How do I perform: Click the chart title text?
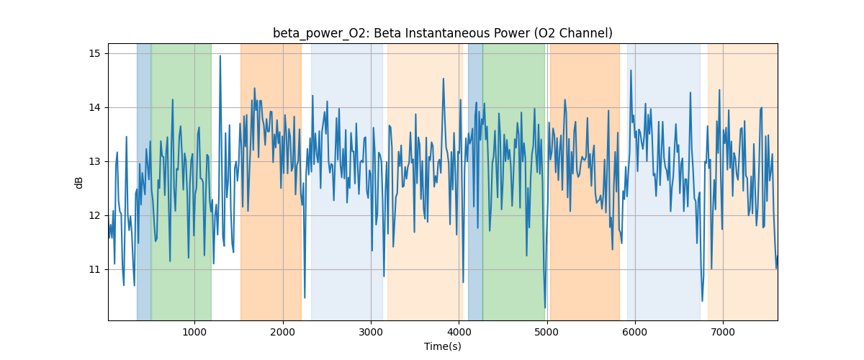coord(442,33)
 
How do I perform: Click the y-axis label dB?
coord(79,182)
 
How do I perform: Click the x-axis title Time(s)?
coord(442,346)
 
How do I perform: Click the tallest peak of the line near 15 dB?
coord(220,56)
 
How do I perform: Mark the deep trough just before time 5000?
coord(545,307)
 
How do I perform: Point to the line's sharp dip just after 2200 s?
coord(305,297)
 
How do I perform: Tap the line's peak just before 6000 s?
coord(631,71)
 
